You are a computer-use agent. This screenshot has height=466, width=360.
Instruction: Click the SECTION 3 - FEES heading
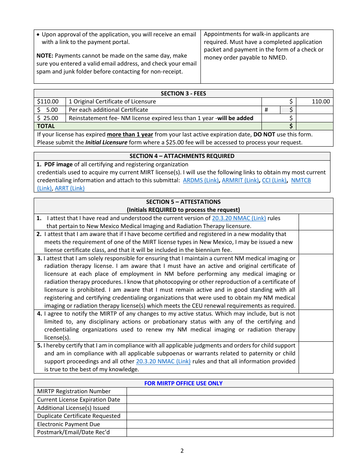(x=183, y=94)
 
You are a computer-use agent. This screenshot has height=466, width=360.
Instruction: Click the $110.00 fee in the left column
(x=48, y=102)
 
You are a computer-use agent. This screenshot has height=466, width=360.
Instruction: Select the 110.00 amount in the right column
(x=321, y=102)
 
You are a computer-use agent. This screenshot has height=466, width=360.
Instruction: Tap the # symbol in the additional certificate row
(x=266, y=110)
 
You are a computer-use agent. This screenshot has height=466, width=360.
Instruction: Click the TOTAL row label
(x=46, y=126)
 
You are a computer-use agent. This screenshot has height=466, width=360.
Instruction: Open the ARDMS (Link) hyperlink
(x=200, y=180)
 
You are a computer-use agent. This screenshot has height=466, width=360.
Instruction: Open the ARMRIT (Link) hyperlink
(x=240, y=180)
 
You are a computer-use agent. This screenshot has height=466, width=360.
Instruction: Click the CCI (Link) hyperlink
(x=274, y=180)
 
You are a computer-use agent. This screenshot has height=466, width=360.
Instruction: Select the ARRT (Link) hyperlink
(x=70, y=188)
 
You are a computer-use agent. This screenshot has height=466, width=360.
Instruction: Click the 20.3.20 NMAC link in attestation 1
(x=239, y=218)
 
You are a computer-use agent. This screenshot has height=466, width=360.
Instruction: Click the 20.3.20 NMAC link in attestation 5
(x=163, y=361)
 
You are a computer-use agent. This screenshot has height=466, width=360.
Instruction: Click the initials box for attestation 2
(x=316, y=242)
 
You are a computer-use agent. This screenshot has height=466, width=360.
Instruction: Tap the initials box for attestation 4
(x=316, y=325)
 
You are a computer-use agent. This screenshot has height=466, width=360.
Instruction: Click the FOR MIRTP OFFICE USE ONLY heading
(x=183, y=383)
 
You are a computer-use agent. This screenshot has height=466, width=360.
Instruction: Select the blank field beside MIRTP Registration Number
(x=230, y=391)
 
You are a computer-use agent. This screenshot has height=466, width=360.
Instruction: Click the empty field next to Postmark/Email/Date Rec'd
(x=230, y=432)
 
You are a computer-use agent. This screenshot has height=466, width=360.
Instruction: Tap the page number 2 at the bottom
(x=182, y=451)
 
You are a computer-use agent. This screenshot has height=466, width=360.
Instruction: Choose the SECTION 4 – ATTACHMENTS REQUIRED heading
(x=182, y=156)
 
